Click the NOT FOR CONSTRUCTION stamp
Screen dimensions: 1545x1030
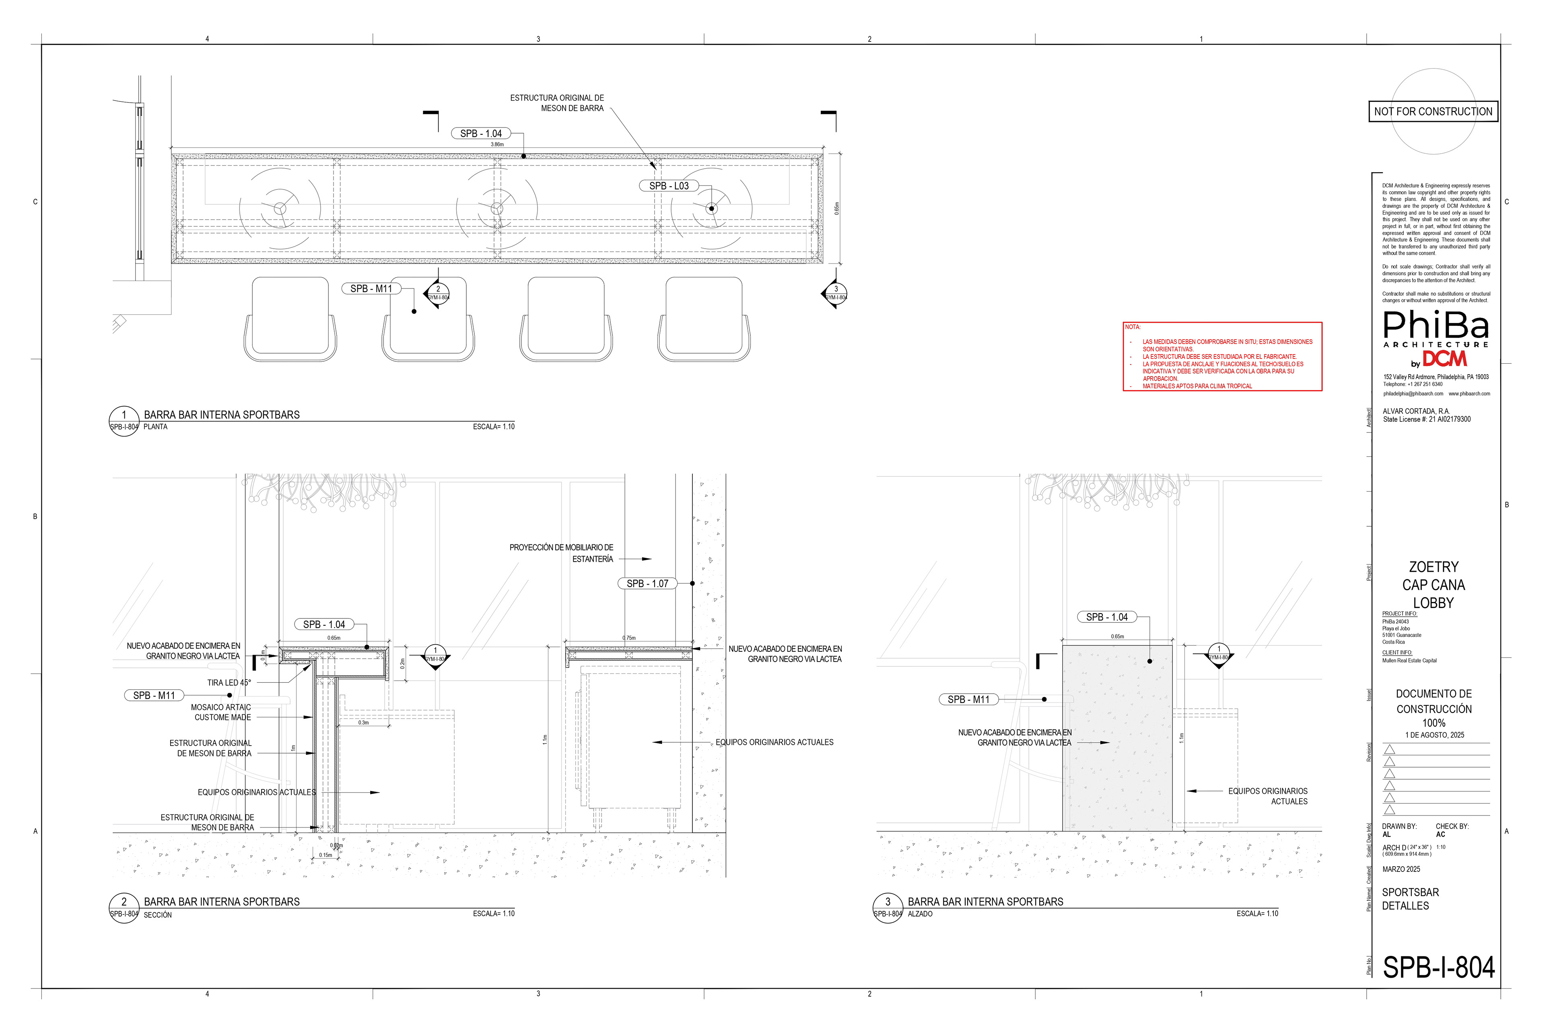(x=1433, y=112)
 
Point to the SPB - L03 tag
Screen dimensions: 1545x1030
(x=669, y=186)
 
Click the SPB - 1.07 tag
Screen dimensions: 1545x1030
(x=647, y=583)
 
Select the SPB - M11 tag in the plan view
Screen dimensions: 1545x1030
(x=371, y=288)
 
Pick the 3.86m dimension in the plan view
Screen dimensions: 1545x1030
(x=497, y=144)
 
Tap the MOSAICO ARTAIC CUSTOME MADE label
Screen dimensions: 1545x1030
(x=221, y=713)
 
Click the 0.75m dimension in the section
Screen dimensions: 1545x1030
(x=628, y=638)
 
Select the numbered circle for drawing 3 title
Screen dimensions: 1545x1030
(x=888, y=902)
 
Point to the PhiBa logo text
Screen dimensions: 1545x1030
(x=1436, y=325)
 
